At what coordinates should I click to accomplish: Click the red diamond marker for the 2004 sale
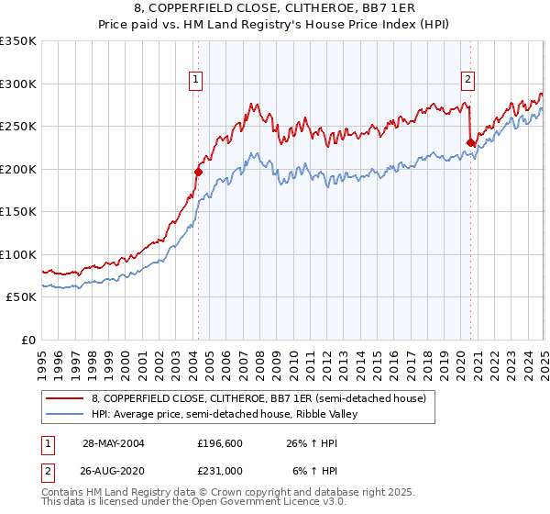tap(198, 172)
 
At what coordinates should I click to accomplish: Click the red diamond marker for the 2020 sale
tap(470, 142)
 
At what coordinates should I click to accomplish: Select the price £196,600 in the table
tap(218, 443)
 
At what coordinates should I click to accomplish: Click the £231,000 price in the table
tap(218, 471)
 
